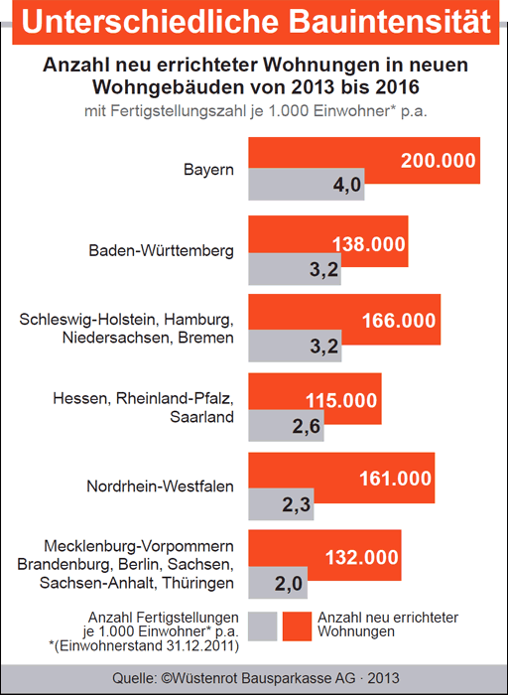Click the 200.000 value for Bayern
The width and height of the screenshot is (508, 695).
tap(438, 161)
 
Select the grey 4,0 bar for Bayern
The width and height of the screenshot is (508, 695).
tap(306, 185)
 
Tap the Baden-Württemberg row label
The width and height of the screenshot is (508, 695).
tap(161, 250)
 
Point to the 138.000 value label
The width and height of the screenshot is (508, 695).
tap(368, 244)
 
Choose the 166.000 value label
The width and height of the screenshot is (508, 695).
tap(399, 321)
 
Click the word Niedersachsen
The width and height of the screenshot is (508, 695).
tap(117, 338)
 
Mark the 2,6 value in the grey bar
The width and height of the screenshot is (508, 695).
tap(306, 426)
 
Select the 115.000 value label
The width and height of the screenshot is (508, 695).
tap(341, 400)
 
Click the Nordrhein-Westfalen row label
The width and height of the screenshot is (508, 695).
tap(161, 486)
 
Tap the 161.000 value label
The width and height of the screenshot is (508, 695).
tap(395, 479)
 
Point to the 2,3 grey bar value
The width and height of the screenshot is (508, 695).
tap(297, 504)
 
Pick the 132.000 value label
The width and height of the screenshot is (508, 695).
tap(362, 557)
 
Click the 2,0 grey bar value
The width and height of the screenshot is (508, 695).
tap(289, 584)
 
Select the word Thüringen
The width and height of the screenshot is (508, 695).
tap(198, 583)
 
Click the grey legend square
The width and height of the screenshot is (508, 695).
tap(263, 626)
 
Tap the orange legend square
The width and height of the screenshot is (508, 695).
tap(298, 626)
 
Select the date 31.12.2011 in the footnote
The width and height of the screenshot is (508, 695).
tap(197, 645)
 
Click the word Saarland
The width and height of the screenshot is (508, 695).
tap(202, 417)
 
